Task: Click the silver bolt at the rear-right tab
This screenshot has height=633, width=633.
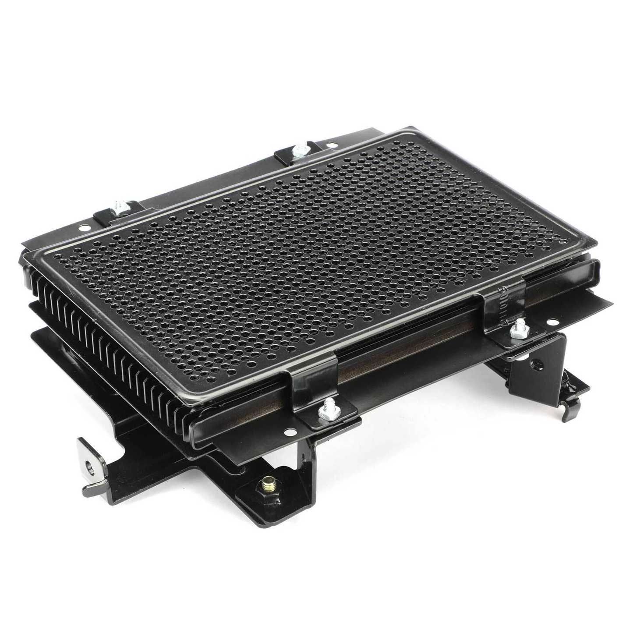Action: pos(301,151)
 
